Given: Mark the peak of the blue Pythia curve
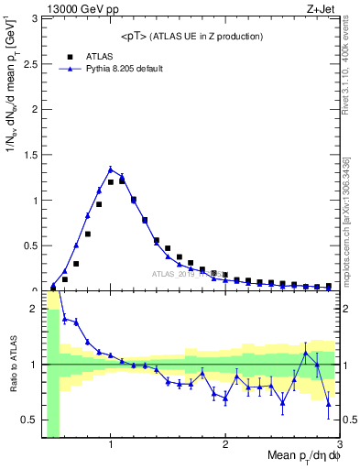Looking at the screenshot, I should click(111, 169).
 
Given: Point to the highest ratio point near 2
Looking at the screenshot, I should click(65, 319).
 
